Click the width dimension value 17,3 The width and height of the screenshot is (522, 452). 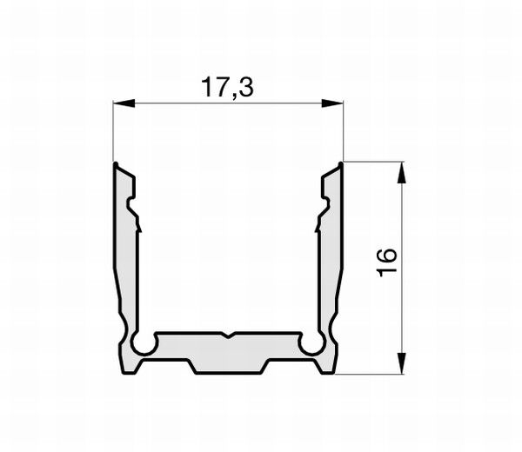(228, 88)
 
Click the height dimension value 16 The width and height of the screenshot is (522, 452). (388, 262)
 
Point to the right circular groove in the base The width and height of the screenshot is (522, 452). (311, 344)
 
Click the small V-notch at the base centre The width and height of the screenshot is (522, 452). (228, 335)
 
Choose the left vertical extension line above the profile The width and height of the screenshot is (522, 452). (114, 130)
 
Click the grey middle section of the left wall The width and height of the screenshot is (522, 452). (126, 269)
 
